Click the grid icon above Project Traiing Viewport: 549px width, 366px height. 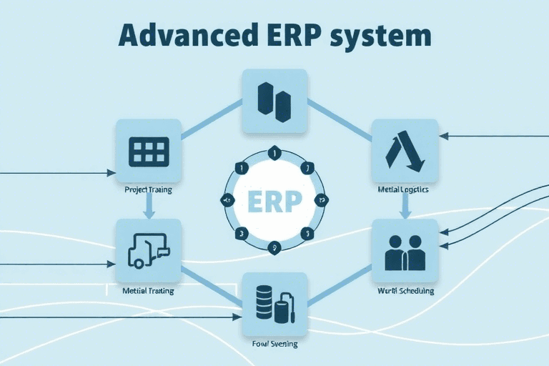149,151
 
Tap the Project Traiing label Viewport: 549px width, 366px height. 148,191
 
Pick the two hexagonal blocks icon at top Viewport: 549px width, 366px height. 274,101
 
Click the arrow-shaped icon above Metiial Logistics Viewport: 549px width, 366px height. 405,152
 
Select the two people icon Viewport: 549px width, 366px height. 405,252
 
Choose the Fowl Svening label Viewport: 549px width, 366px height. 275,344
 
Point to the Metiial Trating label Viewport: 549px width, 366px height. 148,292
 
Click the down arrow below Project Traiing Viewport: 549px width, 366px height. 149,207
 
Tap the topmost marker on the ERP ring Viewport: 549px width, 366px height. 274,151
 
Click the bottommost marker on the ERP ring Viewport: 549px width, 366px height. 274,248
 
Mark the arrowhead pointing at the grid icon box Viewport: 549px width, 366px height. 111,173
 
